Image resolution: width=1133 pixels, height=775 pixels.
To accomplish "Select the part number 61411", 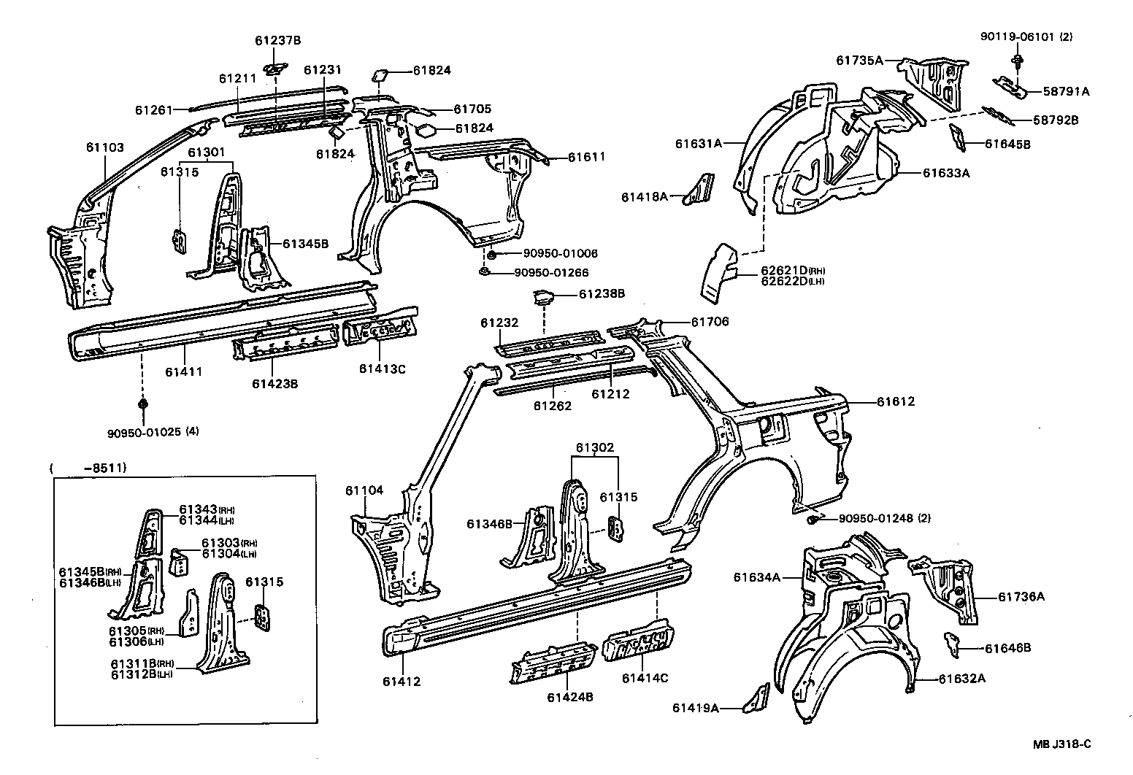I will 183,372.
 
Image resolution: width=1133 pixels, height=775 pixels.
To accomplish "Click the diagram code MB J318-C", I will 1061,744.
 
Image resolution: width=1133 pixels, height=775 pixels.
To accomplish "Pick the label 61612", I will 896,402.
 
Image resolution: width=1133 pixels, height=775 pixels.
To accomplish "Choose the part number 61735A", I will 859,61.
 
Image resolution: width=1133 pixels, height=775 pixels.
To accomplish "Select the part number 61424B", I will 569,697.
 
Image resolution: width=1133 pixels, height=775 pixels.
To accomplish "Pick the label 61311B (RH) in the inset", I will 142,663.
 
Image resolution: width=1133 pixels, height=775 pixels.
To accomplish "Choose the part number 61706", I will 710,322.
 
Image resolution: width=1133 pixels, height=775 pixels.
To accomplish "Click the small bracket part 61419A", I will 756,698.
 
